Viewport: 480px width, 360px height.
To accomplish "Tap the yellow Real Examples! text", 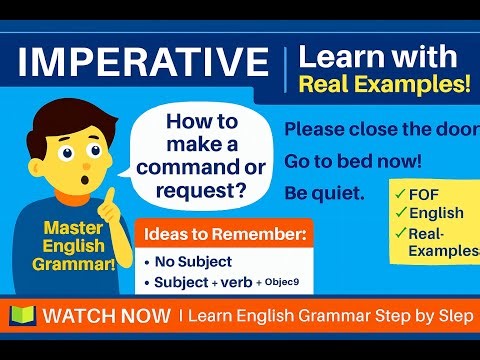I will point(384,85).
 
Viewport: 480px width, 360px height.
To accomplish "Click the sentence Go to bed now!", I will point(353,160).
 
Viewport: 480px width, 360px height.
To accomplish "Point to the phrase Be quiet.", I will point(325,190).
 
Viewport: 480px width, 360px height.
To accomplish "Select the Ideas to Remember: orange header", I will point(222,235).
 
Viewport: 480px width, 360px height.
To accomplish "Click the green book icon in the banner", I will point(22,316).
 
